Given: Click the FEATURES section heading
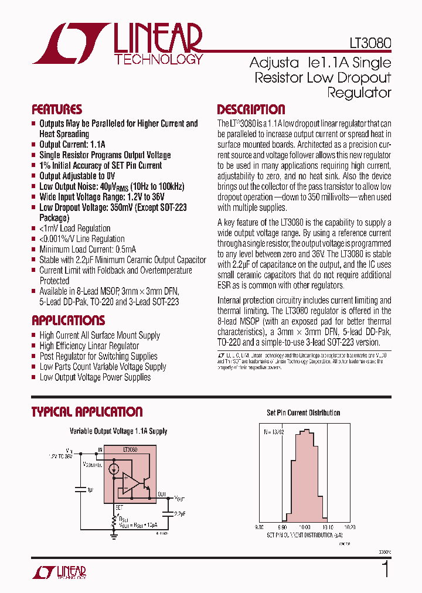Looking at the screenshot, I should click(57, 110).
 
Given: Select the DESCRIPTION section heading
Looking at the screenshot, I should click(251, 110).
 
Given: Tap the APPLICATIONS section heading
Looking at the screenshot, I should click(68, 321).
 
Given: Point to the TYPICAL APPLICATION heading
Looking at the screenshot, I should click(87, 412).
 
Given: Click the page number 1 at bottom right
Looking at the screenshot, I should click(385, 570).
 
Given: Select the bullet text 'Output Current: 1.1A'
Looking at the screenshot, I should click(72, 144).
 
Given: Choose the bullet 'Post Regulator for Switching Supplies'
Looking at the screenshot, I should click(98, 356).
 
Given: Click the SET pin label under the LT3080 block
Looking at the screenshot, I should click(118, 507).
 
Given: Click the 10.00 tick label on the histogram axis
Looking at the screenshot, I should click(304, 527).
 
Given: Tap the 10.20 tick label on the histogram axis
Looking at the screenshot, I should click(350, 527).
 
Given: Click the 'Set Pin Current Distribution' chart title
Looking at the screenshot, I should click(303, 413).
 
